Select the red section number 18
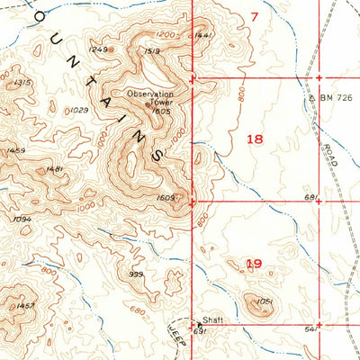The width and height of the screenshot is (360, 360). pyautogui.click(x=255, y=139)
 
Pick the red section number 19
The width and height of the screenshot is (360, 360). pyautogui.click(x=254, y=264)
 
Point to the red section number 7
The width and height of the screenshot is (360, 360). pyautogui.click(x=254, y=16)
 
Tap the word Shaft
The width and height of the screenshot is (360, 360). pyautogui.click(x=211, y=321)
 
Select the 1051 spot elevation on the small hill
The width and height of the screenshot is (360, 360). pyautogui.click(x=264, y=301)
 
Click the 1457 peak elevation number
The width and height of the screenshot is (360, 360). pyautogui.click(x=26, y=307)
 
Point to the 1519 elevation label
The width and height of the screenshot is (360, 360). pyautogui.click(x=151, y=51)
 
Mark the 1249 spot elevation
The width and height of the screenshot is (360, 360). pyautogui.click(x=99, y=49)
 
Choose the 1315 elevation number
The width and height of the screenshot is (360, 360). pyautogui.click(x=23, y=82)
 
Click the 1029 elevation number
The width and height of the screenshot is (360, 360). pyautogui.click(x=79, y=110)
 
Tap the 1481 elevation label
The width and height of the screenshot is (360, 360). pyautogui.click(x=53, y=169)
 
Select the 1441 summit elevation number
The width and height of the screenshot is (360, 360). pyautogui.click(x=203, y=35)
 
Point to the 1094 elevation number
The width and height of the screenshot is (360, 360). pyautogui.click(x=23, y=219)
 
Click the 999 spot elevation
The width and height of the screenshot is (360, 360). pyautogui.click(x=136, y=274)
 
